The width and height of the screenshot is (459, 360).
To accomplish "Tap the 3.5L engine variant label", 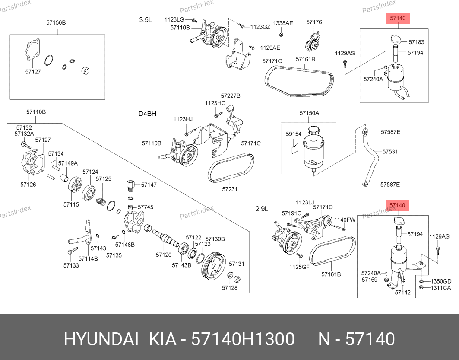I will [x=146, y=19].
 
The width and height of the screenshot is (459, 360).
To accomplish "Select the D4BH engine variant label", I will [x=147, y=114].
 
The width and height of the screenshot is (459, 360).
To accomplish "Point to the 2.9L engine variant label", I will [x=262, y=208].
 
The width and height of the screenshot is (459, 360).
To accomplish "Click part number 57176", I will [x=314, y=22].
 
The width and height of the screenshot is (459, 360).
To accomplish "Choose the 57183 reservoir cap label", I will [x=416, y=42].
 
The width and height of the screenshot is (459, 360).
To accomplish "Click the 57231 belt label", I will [x=230, y=189].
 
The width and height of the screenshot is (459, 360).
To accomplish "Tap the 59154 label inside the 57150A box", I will [x=293, y=134].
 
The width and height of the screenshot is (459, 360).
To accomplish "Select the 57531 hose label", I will [x=390, y=152].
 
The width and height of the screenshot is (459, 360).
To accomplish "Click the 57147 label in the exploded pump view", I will [x=149, y=185].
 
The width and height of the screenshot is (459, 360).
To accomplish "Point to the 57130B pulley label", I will [x=215, y=239].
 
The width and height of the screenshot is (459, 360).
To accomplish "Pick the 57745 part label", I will [x=146, y=207].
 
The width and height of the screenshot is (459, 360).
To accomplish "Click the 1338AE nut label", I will [x=283, y=23].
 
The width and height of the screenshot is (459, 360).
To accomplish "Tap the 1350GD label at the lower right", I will [x=440, y=281].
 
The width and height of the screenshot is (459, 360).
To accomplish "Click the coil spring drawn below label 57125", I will [x=101, y=200].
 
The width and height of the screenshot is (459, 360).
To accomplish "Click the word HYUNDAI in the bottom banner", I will [x=101, y=339].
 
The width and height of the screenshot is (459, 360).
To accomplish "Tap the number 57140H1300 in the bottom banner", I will [x=243, y=339].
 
